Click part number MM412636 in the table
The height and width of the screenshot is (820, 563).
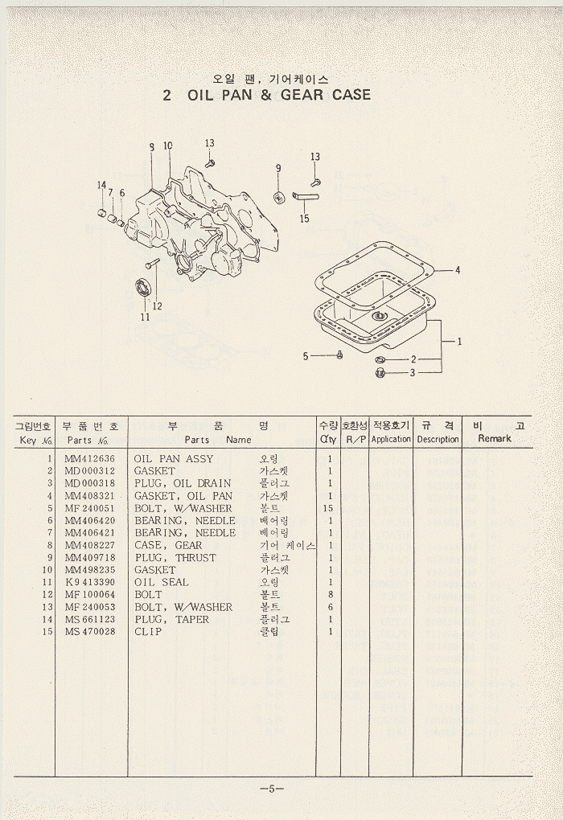click(x=92, y=459)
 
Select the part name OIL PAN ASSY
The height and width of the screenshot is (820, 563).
click(x=174, y=459)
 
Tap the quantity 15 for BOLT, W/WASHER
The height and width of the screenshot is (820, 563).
click(x=327, y=509)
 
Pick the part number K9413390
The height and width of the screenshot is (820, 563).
click(x=92, y=583)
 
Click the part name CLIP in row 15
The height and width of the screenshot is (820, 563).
click(x=148, y=632)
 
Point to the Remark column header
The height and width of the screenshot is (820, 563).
click(x=495, y=439)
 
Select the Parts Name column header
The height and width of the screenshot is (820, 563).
click(x=217, y=440)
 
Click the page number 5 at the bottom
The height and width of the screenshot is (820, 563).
click(x=272, y=788)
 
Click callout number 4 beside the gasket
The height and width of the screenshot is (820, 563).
click(x=458, y=270)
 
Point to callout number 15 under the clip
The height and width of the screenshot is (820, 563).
click(x=304, y=218)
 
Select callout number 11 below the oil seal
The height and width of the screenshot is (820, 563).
click(x=145, y=317)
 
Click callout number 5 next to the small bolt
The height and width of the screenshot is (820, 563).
click(x=306, y=356)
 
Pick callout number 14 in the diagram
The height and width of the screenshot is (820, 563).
click(x=101, y=186)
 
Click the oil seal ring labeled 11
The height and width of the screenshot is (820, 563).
click(x=143, y=287)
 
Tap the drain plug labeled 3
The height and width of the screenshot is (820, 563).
click(x=380, y=372)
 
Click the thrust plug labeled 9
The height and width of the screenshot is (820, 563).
click(x=280, y=197)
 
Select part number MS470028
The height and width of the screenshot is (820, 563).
click(x=92, y=632)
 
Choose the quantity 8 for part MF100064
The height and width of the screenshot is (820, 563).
click(x=329, y=595)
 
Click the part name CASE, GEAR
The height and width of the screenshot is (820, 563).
click(x=168, y=546)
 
